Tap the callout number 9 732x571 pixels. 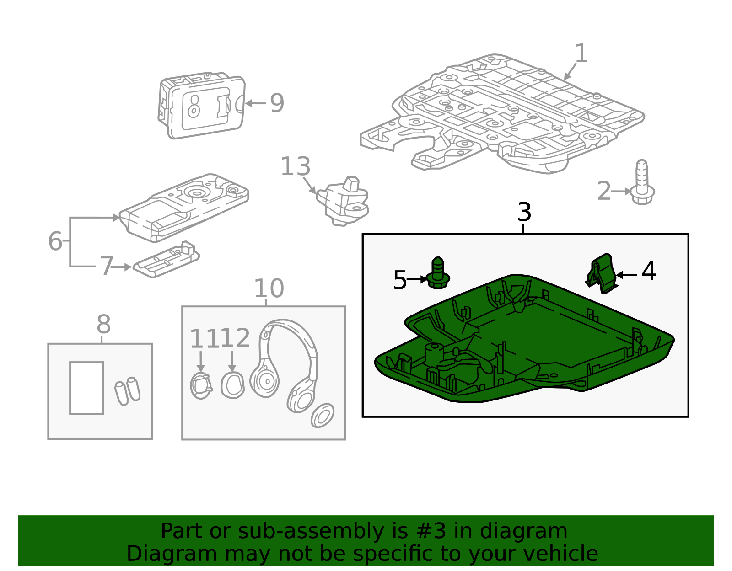point(277,103)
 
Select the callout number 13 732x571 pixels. point(296,166)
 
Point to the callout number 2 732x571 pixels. point(604,191)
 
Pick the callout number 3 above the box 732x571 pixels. point(524,212)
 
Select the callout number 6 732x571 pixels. point(55,241)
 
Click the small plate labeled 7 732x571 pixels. point(166,260)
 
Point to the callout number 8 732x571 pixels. point(103,325)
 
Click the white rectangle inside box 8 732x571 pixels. point(86,388)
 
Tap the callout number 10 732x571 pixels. point(269,288)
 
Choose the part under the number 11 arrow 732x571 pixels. point(201,386)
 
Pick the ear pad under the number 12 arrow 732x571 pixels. point(232,385)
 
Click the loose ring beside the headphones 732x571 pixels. point(323,416)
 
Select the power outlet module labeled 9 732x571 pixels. point(201,105)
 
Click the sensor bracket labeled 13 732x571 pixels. point(343,201)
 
